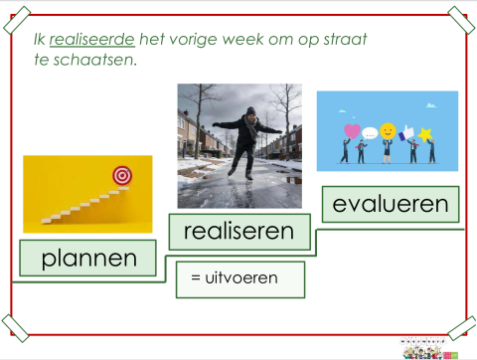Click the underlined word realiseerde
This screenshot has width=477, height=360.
(x=91, y=40)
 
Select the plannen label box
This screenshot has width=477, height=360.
(x=88, y=259)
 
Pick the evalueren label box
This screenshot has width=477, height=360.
(x=390, y=205)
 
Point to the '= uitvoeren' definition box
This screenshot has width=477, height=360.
(x=239, y=279)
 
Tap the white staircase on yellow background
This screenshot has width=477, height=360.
(x=79, y=204)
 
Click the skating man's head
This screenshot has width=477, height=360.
(x=249, y=114)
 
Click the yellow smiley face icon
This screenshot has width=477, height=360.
(x=388, y=129)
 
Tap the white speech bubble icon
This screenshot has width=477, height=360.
(x=370, y=131)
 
